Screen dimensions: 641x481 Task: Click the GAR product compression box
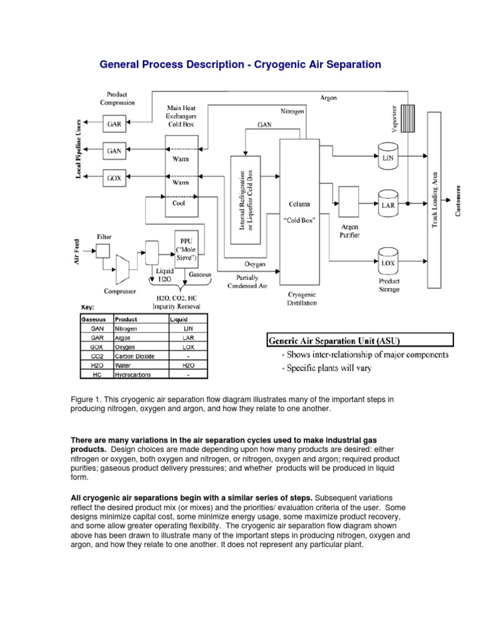click(115, 124)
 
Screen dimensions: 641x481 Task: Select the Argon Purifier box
click(348, 202)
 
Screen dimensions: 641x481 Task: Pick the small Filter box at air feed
click(103, 251)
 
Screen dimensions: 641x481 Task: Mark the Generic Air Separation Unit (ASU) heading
click(334, 341)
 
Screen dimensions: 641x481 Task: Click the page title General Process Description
click(240, 64)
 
